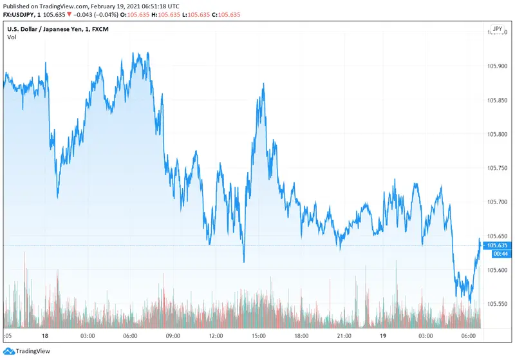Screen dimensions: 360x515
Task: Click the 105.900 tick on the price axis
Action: (x=497, y=66)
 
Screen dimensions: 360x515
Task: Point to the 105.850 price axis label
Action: (x=497, y=100)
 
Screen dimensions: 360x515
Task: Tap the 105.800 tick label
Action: (x=497, y=134)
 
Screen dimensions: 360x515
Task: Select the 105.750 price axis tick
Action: (x=497, y=168)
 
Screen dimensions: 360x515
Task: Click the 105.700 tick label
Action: (x=497, y=202)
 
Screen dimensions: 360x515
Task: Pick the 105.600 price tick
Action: (x=497, y=270)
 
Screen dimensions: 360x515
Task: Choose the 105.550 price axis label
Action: (x=497, y=304)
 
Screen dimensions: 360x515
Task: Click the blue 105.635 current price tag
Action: (x=497, y=245)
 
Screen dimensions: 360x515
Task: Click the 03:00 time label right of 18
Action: (x=88, y=336)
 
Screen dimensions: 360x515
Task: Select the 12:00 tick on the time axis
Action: (x=216, y=336)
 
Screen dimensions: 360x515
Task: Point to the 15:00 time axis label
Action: (x=258, y=336)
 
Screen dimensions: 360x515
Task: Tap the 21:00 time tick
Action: (x=344, y=336)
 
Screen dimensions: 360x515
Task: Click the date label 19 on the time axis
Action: (x=383, y=336)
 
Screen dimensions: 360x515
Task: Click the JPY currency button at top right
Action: (x=497, y=29)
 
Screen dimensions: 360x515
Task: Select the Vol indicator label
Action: (x=12, y=37)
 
